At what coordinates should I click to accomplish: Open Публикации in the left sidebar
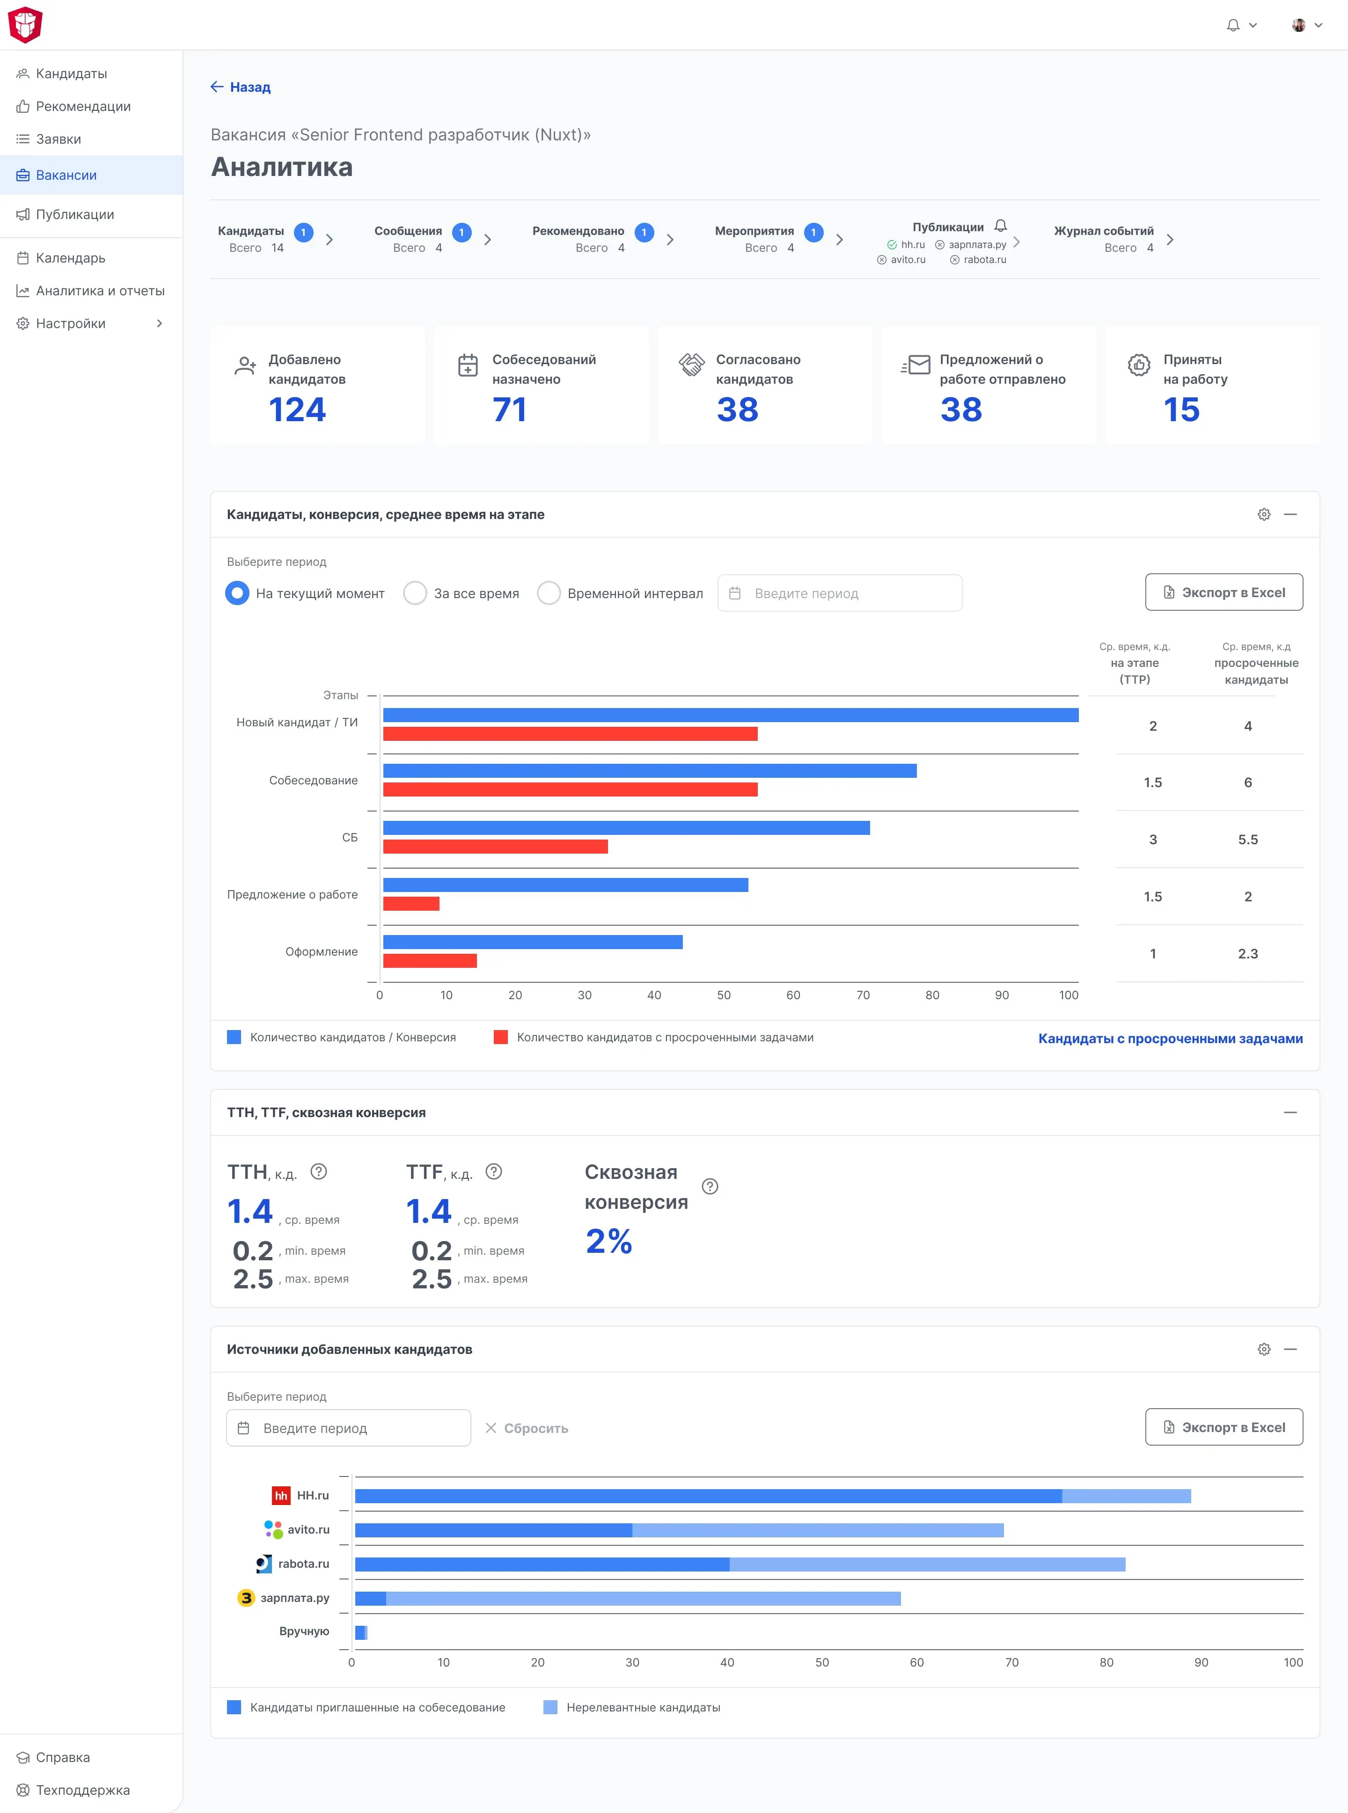[74, 215]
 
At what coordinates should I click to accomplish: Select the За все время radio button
[415, 593]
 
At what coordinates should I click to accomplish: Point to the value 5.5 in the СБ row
[1248, 840]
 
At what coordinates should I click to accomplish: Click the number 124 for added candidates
[297, 409]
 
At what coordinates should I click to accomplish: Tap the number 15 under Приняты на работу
[1181, 409]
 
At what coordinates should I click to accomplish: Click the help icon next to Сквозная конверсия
[710, 1186]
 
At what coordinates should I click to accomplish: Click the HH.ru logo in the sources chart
[281, 1496]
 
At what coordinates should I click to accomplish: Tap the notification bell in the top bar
[1233, 25]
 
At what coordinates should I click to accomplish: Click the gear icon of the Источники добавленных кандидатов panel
[1264, 1350]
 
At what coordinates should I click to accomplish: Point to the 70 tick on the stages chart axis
[863, 995]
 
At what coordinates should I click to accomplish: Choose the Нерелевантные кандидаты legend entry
[632, 1708]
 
